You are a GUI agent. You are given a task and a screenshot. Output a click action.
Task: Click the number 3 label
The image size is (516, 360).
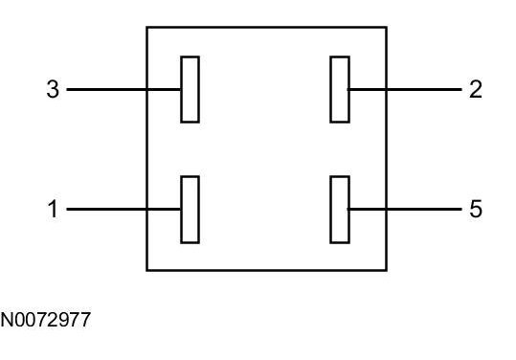point(53,89)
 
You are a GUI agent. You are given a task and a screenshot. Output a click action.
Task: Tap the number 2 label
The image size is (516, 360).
point(476,89)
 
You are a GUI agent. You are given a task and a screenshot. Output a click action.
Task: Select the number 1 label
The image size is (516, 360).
point(53,209)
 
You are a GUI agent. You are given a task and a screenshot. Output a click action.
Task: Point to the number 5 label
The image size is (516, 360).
point(476,209)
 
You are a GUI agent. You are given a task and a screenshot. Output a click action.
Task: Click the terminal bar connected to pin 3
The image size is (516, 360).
point(190,89)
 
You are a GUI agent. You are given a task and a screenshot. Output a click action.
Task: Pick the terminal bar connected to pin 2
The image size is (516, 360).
point(340,89)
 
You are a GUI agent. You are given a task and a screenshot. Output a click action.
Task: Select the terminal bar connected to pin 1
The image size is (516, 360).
point(190,210)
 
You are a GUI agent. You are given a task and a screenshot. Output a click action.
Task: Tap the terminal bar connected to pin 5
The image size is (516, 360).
point(340,210)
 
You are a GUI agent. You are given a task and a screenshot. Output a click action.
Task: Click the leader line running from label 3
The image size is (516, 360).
point(123,89)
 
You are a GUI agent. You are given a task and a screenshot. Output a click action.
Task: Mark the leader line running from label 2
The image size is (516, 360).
point(404,89)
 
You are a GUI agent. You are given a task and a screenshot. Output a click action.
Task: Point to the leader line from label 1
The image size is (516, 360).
point(123,209)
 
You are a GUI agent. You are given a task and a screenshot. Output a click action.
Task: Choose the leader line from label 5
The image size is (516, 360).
point(404,209)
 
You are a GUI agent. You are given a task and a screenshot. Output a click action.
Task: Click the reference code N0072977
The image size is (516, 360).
point(45,320)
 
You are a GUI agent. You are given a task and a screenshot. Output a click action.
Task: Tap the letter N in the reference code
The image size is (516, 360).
point(7,320)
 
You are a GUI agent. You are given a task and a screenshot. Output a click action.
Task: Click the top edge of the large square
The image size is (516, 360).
point(266,28)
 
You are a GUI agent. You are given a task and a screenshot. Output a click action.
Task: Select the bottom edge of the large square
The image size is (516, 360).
point(266,270)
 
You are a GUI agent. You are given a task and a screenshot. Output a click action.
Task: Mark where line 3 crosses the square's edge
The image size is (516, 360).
point(146,89)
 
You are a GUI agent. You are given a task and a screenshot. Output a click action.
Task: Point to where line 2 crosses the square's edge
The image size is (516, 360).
point(387,89)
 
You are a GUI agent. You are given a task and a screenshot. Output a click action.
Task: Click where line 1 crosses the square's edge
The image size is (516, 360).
point(146,209)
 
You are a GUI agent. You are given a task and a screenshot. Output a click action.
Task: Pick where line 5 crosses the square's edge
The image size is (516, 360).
point(387,209)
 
